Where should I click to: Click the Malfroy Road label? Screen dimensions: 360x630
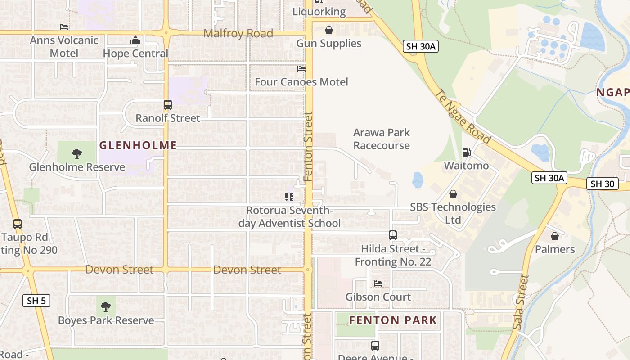[238, 34]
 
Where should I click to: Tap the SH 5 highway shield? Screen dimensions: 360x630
[36, 301]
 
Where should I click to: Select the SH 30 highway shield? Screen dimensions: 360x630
[603, 184]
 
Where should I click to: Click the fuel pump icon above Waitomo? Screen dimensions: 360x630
[466, 153]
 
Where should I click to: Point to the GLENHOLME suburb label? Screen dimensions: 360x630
[138, 145]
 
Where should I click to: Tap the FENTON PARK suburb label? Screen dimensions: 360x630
[393, 320]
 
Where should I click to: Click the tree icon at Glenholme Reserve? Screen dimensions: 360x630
[77, 154]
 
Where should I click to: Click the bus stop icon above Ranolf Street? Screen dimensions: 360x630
[168, 105]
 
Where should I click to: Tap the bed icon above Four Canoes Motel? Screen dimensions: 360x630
[301, 69]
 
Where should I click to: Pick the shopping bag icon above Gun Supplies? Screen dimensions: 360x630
[329, 30]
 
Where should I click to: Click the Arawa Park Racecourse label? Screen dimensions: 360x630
[382, 139]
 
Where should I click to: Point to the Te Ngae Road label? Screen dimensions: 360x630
[463, 116]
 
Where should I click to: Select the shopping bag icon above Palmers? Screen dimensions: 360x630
[555, 236]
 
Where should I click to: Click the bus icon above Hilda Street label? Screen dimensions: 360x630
[393, 235]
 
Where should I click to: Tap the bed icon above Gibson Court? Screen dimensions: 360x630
[378, 283]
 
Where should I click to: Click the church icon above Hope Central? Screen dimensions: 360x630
[135, 40]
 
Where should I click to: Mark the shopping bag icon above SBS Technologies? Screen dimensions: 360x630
[453, 194]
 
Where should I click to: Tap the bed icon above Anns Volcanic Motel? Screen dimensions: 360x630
[64, 27]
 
